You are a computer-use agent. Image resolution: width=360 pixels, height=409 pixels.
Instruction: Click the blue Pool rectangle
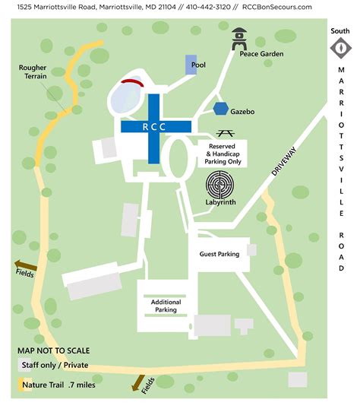pos(191,65)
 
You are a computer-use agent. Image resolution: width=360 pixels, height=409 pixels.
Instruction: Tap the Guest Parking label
pos(219,254)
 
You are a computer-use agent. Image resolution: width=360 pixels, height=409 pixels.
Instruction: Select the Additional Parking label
pos(159,306)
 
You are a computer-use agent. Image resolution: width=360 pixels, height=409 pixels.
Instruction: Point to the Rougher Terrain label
pos(33,71)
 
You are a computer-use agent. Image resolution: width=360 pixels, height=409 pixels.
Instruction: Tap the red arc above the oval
pos(133,81)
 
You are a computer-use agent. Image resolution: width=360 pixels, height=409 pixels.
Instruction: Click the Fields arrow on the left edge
pos(21,267)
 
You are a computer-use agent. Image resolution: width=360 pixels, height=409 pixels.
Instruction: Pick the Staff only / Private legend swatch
pos(23,365)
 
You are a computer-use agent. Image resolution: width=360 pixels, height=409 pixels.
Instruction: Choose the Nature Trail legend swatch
pos(23,383)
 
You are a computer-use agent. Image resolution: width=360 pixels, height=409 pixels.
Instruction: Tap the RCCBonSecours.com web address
pos(277,6)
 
